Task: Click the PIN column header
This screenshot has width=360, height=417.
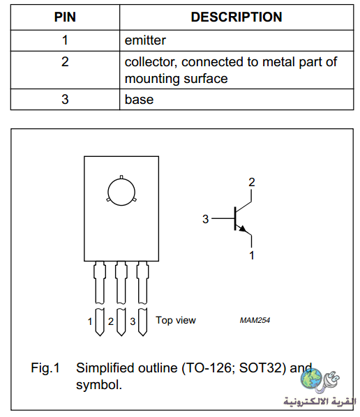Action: coord(65,17)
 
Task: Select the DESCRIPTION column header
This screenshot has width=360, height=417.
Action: coord(237,17)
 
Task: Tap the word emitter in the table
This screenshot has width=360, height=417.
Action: coord(145,40)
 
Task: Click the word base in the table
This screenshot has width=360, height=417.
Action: coord(139,100)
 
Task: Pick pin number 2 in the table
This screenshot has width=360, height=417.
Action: coord(65,61)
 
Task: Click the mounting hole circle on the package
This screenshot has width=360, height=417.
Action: coord(121,192)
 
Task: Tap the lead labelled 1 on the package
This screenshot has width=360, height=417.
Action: coord(100,298)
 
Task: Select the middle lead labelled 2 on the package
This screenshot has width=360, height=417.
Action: coord(121,298)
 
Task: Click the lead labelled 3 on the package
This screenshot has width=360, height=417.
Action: coord(142,298)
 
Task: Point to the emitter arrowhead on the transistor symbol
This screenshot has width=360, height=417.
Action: coord(243,229)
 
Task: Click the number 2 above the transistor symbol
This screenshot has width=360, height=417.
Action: coord(252,182)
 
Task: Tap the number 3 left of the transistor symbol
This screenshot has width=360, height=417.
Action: coord(205,219)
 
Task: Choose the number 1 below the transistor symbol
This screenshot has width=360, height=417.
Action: coord(252,255)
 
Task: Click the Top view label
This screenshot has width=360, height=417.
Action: coord(176,320)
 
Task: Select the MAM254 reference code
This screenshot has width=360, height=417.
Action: coord(255,320)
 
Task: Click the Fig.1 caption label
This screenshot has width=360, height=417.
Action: coord(45,368)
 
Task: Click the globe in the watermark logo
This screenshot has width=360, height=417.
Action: coord(311,378)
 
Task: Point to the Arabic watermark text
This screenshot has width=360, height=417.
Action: coord(320,402)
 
